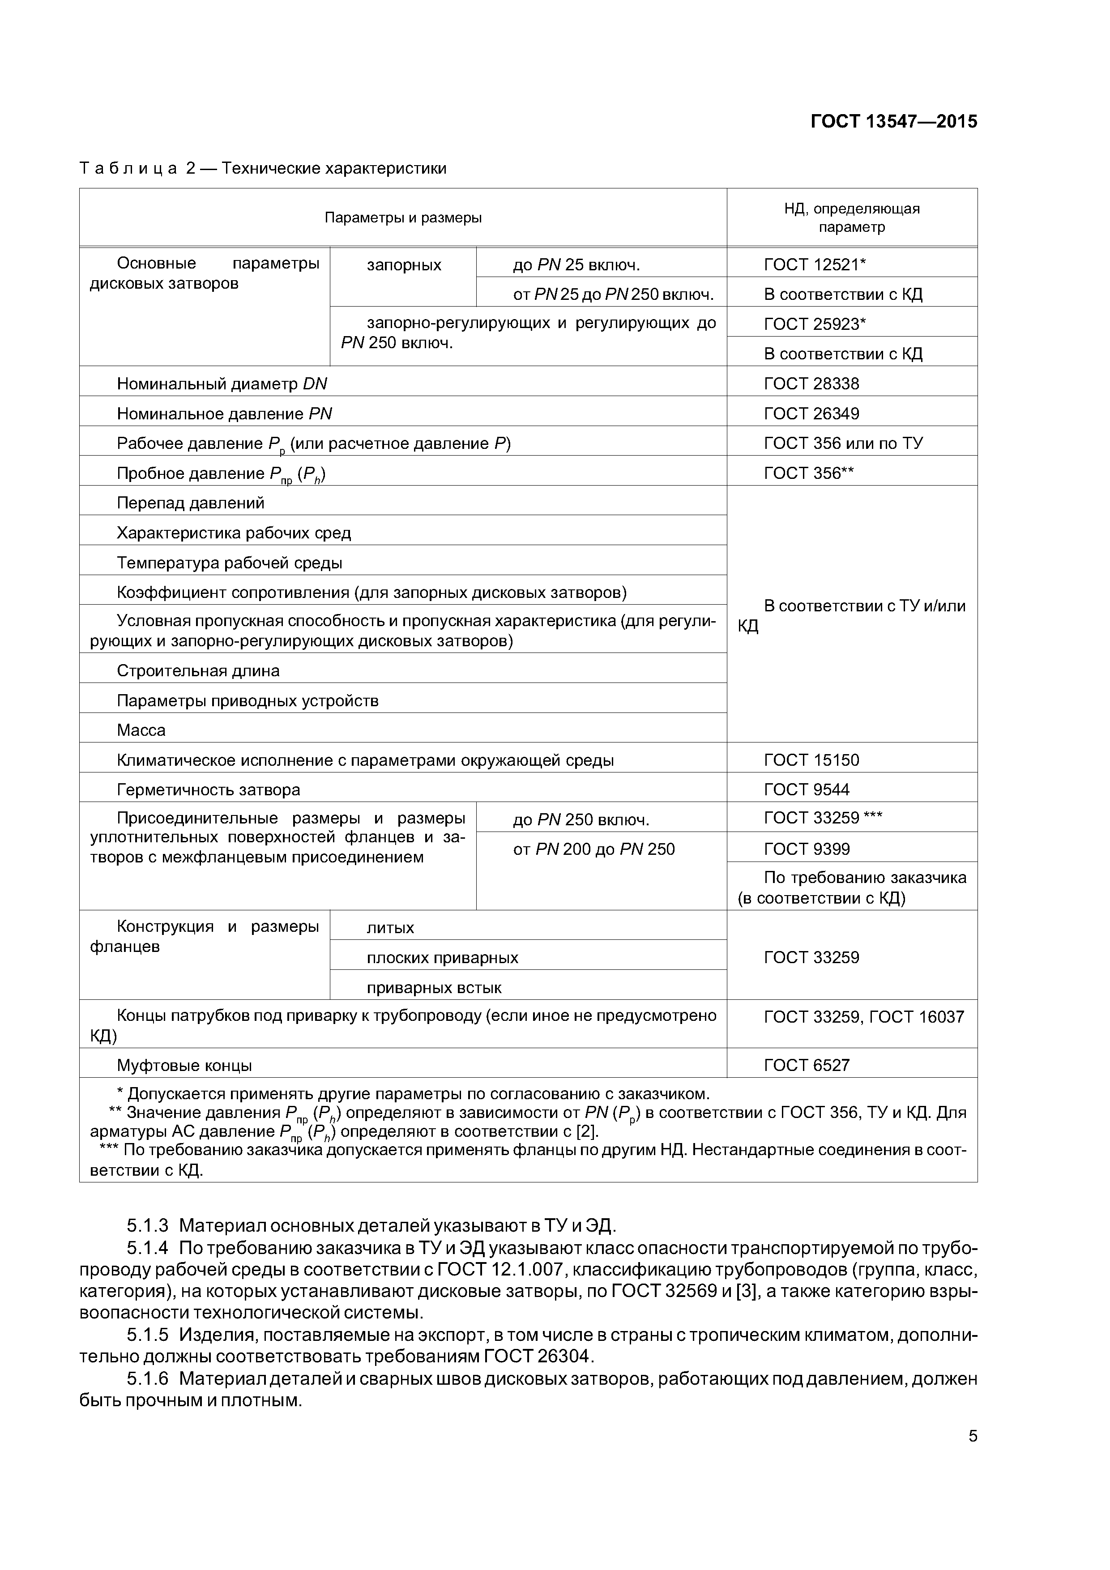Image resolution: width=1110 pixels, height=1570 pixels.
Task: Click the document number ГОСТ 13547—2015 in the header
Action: tap(893, 122)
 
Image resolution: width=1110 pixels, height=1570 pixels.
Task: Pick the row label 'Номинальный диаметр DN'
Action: tap(222, 384)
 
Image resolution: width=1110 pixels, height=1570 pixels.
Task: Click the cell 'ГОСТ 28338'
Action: tap(811, 384)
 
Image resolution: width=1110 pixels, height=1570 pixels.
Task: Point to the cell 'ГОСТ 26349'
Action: tap(811, 414)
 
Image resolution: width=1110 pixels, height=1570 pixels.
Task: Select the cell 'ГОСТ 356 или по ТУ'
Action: tap(843, 444)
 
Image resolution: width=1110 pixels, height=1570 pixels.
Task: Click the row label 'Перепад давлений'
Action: tap(190, 503)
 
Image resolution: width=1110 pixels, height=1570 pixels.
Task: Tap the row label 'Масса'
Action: tap(141, 730)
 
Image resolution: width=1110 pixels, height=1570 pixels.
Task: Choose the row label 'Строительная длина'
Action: tap(198, 671)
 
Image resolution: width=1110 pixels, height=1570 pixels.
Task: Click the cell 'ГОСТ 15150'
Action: tap(811, 760)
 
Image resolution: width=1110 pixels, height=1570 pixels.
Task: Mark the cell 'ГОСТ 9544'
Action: tap(807, 790)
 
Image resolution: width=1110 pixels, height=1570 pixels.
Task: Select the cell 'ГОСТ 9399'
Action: tap(807, 849)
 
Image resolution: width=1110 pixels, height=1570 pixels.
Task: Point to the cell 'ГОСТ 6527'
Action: tap(807, 1065)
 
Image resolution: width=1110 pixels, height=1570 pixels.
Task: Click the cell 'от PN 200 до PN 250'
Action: tap(593, 849)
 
